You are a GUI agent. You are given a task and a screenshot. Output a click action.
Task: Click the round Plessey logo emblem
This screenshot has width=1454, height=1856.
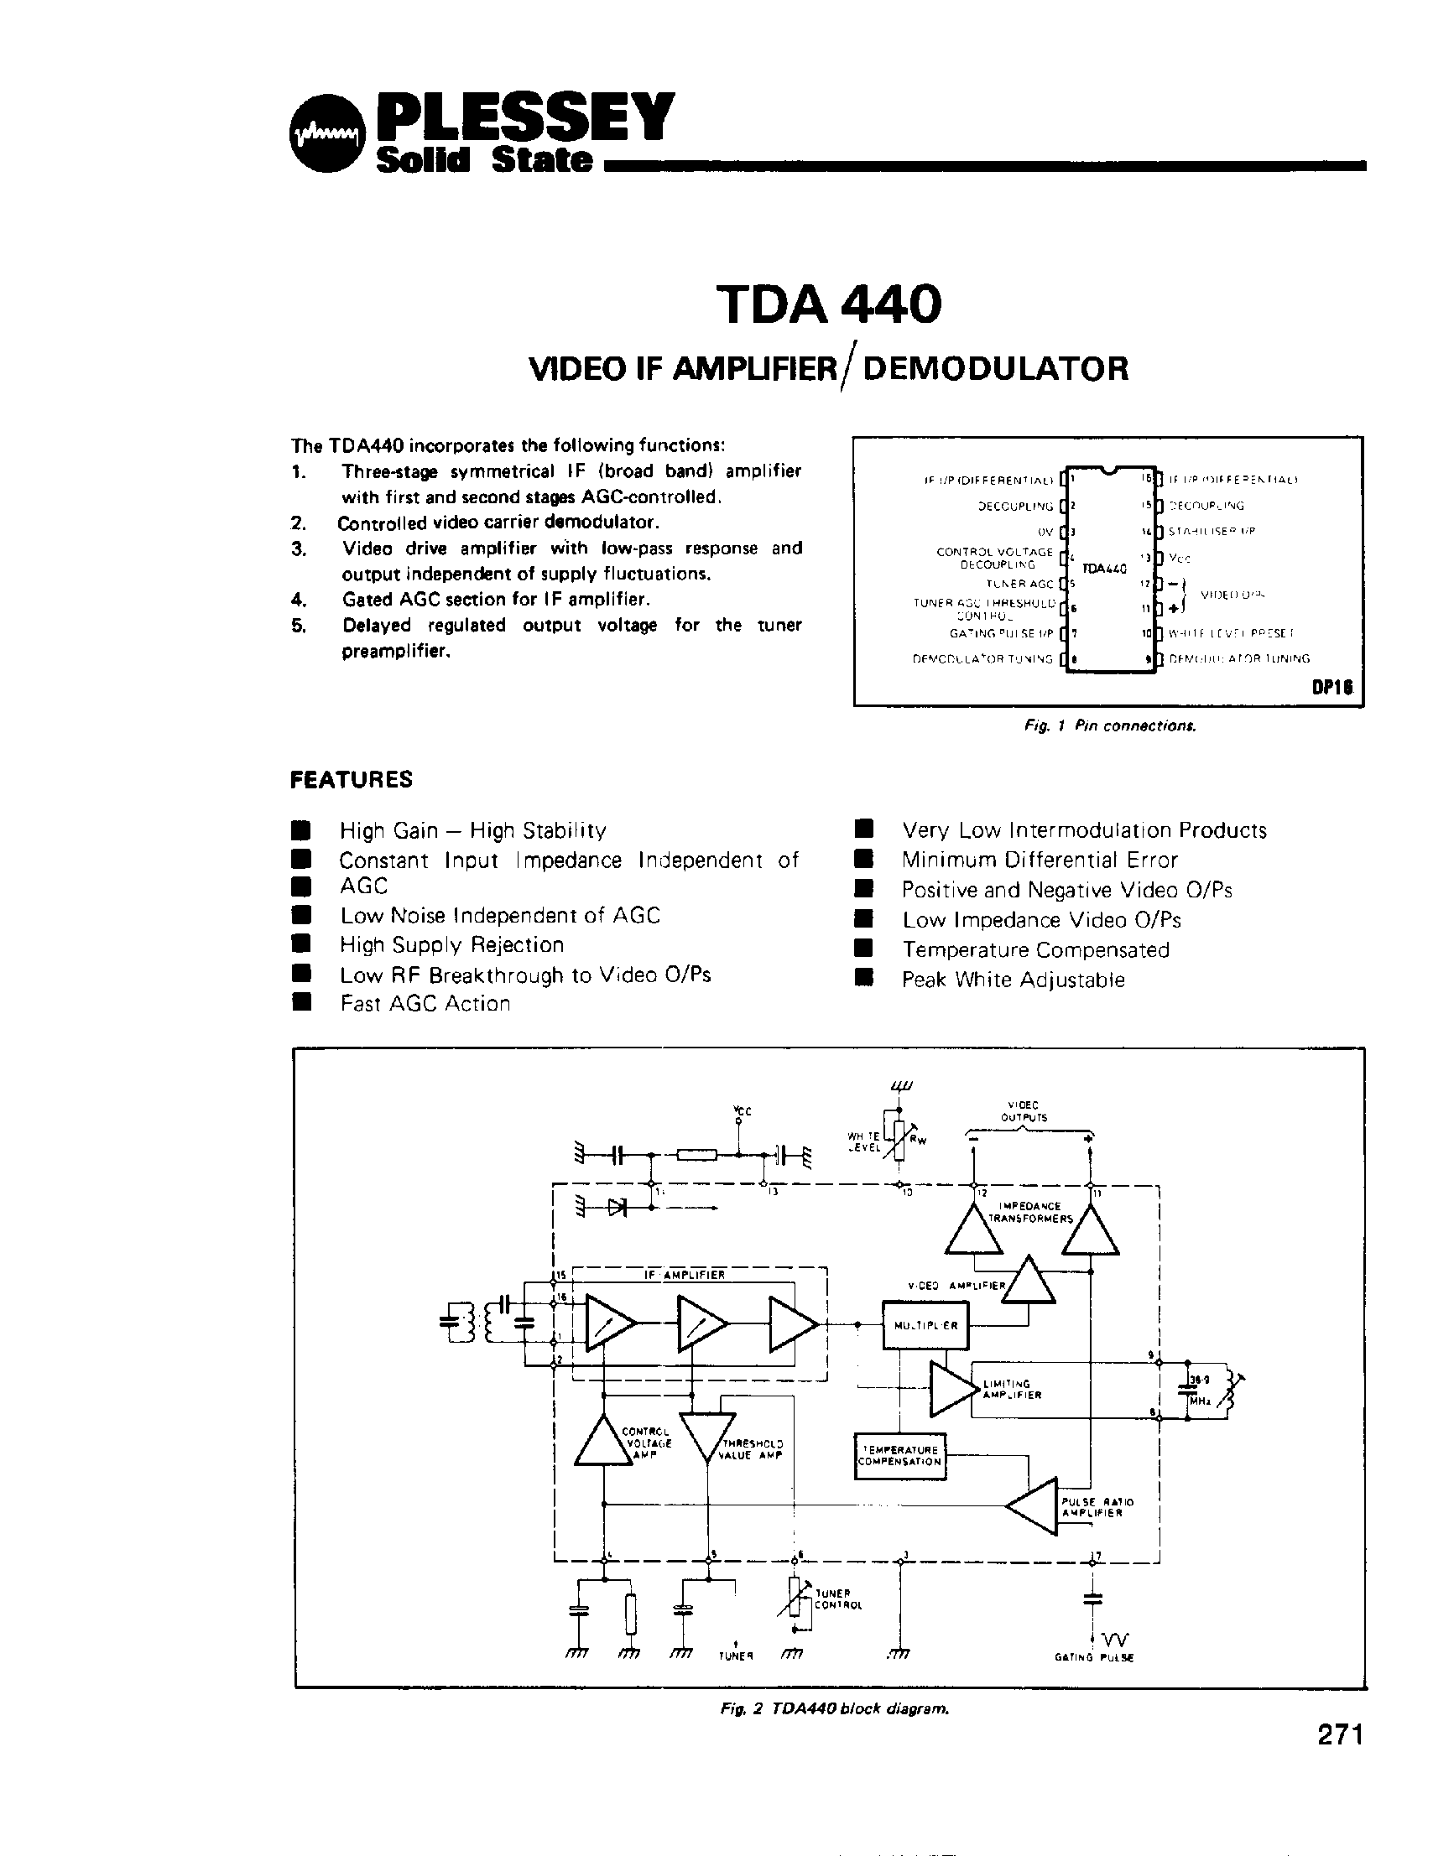[x=326, y=137]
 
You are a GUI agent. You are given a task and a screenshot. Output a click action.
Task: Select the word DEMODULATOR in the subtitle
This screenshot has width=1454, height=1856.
[x=995, y=368]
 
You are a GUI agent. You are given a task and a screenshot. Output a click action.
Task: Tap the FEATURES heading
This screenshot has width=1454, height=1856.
[x=351, y=778]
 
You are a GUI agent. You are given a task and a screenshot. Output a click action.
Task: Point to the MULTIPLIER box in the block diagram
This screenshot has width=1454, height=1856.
[x=925, y=1325]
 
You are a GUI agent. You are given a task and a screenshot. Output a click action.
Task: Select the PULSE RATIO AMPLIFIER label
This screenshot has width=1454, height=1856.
[x=1097, y=1507]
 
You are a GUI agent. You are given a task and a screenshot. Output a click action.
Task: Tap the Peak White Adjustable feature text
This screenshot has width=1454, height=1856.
[x=1013, y=980]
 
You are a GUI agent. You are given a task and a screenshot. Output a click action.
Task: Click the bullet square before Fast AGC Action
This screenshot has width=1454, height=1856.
[x=299, y=1002]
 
